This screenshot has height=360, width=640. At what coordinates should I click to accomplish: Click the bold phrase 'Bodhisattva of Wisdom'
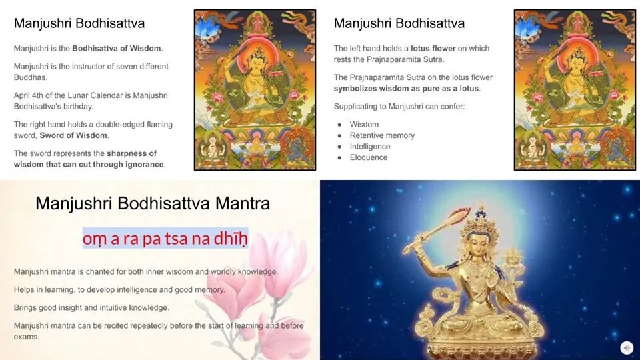pos(117,49)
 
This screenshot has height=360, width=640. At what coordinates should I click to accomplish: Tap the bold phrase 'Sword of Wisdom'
pos(73,135)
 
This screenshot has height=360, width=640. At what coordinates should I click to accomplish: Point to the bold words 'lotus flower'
pos(430,49)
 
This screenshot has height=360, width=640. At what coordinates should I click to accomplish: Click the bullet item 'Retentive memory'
pos(382,135)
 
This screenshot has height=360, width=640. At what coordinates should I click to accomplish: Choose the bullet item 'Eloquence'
pos(369,157)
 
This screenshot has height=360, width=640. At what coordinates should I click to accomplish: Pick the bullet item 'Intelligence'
pos(370,147)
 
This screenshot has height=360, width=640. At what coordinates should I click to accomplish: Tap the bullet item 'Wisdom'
pos(364,125)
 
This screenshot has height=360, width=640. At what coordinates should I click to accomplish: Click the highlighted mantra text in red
pos(165,238)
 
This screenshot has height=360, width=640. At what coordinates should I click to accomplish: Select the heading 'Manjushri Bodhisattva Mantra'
pos(153,203)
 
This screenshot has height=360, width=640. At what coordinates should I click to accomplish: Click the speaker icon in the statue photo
pos(626,347)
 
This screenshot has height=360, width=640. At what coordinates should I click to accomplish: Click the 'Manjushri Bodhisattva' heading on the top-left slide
pos(79,23)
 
